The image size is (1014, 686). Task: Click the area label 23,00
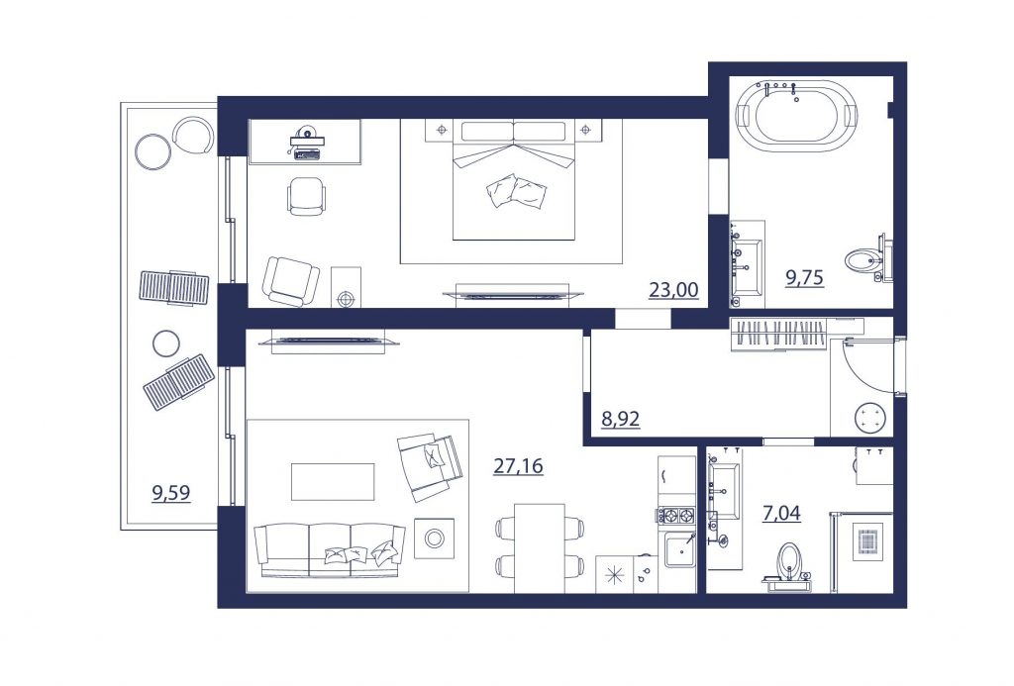673,290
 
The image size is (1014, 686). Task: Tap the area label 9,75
804,277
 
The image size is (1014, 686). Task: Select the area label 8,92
621,419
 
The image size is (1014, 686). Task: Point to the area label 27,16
518,465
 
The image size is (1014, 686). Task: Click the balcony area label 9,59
170,493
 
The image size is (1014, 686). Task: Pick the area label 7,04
782,514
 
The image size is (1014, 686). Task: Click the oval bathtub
797,117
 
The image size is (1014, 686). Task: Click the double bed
514,181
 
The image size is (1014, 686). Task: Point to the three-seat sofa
329,549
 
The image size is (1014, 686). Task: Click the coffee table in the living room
333,482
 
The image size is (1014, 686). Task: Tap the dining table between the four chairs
540,547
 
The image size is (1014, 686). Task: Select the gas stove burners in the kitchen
676,516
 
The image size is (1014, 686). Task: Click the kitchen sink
679,550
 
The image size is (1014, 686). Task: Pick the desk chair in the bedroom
306,195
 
